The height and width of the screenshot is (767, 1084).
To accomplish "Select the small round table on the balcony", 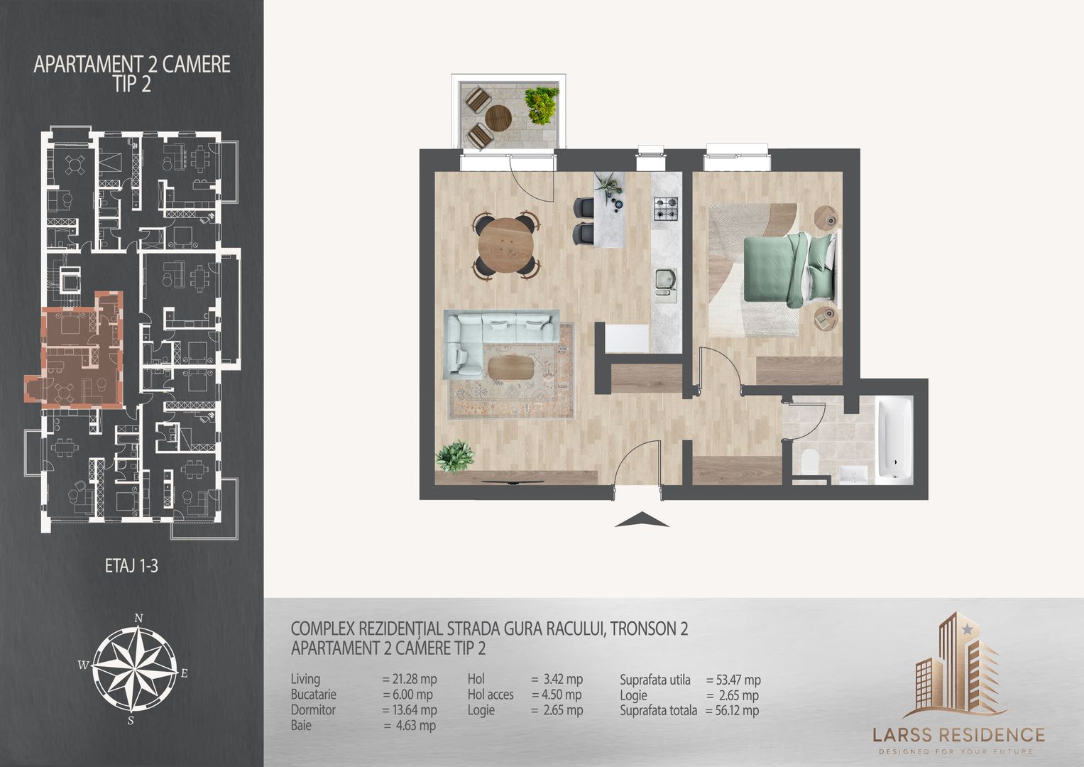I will tap(499, 117).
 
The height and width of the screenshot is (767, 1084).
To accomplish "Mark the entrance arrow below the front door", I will tap(642, 520).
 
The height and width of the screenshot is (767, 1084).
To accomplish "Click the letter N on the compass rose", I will tap(141, 618).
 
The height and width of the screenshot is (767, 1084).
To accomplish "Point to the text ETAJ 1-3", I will tap(131, 567).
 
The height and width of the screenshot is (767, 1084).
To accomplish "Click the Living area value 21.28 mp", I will tap(410, 680).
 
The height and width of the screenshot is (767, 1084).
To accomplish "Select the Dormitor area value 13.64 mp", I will tap(410, 710).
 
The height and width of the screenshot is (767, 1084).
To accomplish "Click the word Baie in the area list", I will tap(301, 726).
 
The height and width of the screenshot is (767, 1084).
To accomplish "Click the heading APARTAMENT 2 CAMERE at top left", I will tap(132, 65).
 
